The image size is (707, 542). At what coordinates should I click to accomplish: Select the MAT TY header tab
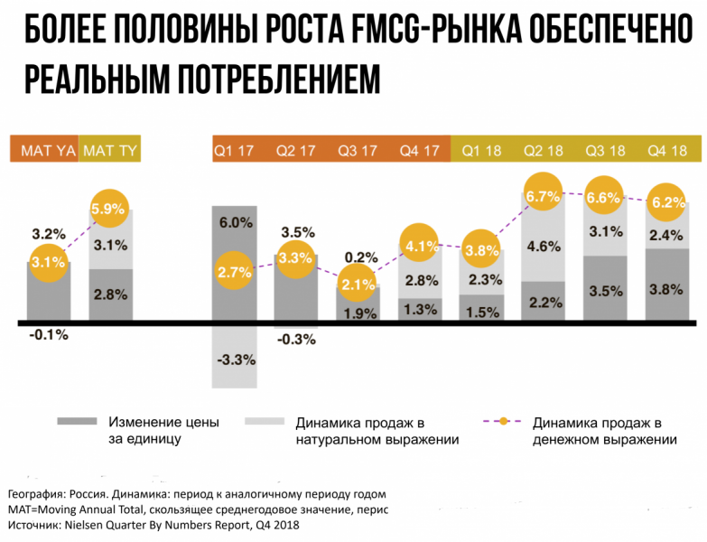coord(109,151)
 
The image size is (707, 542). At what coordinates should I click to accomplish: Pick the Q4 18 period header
coord(667,151)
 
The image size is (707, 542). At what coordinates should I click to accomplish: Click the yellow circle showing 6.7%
coord(544,196)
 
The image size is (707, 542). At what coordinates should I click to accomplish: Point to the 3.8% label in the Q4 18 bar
coord(668,291)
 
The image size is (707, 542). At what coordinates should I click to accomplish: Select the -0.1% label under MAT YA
coord(49,334)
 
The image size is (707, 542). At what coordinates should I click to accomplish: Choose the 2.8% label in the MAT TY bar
coord(110,294)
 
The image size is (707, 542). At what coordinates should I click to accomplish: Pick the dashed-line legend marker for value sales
coord(504,422)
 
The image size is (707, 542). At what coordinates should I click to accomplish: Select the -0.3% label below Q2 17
coord(297,340)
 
